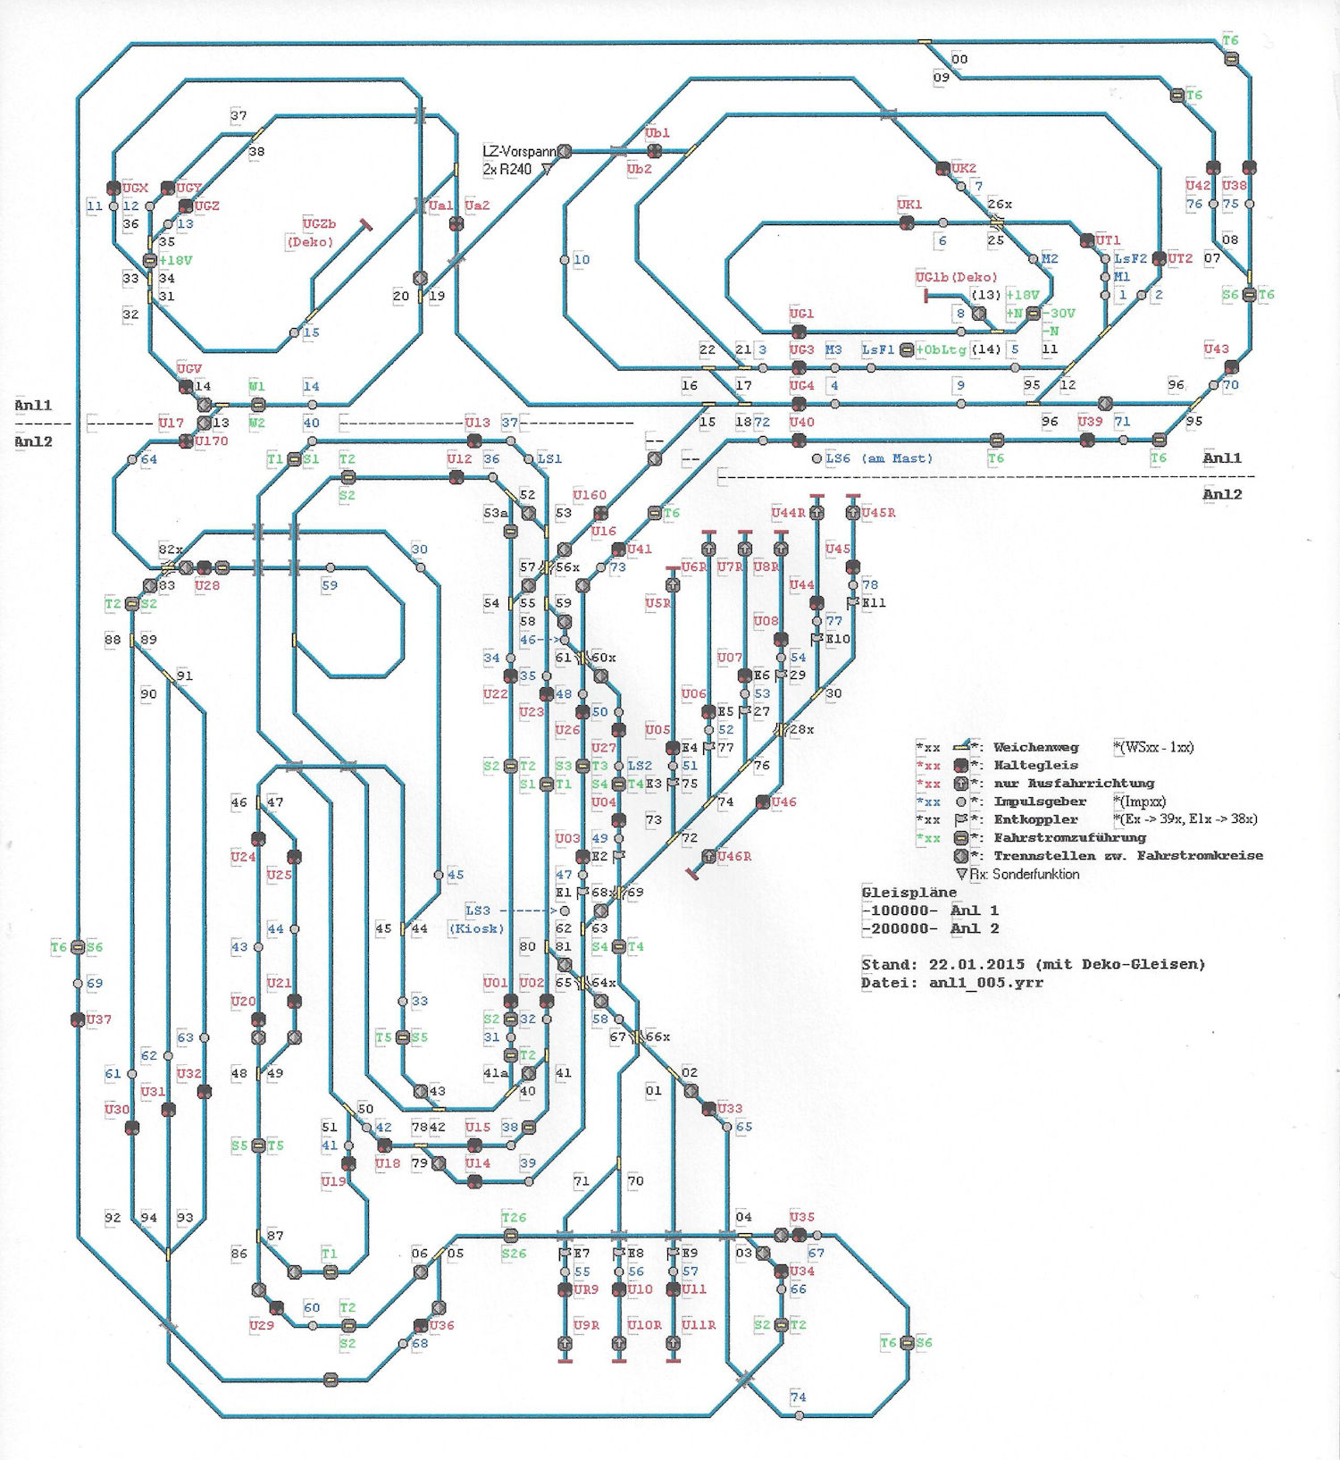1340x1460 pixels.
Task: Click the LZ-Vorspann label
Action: tap(519, 152)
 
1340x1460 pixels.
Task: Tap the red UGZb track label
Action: tap(319, 224)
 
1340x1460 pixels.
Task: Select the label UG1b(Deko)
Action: tap(956, 278)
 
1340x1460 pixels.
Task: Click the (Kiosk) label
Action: tap(476, 928)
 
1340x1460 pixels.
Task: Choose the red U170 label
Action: tap(212, 441)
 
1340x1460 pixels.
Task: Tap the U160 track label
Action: tap(590, 495)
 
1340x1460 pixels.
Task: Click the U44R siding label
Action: tap(789, 513)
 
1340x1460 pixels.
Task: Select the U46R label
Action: tap(734, 856)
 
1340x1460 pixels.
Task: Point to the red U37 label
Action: tap(99, 1019)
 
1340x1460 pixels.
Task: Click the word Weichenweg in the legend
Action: tap(1035, 748)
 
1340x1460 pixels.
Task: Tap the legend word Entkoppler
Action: tap(1035, 819)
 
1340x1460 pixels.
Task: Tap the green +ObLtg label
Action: tap(941, 350)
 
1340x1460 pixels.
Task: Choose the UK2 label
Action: tap(964, 169)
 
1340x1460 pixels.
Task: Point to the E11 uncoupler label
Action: tap(874, 603)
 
